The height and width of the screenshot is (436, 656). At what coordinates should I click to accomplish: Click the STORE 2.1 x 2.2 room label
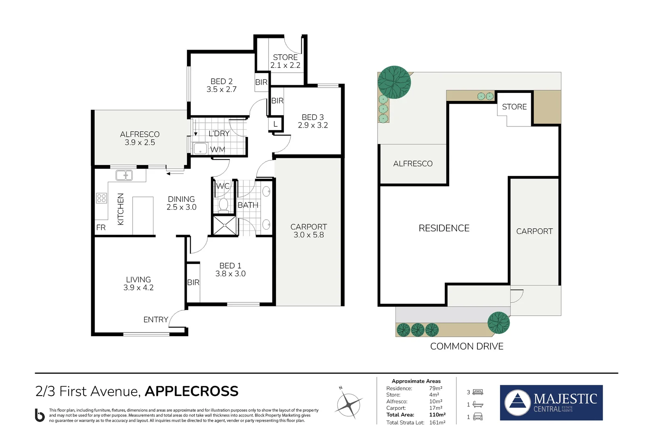coord(285,61)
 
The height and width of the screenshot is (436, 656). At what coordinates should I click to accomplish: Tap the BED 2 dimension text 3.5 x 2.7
coord(221,89)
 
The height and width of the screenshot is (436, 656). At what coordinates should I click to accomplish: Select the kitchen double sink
coord(124,175)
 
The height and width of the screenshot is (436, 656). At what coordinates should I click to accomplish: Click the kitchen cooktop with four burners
coord(101,198)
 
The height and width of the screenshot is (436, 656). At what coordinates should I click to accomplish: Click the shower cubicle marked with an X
coord(225,225)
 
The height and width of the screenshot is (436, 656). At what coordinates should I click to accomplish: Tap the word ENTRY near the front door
coord(156,320)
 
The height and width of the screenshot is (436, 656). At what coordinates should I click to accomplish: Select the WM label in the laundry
coord(218,149)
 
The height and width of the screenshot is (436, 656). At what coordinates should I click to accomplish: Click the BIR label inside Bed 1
coord(193,282)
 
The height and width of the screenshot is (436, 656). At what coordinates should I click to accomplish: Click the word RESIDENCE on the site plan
coord(444,228)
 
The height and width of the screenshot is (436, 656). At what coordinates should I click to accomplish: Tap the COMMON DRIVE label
coord(467,346)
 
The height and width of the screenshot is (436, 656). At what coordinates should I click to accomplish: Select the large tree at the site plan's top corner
coord(394,82)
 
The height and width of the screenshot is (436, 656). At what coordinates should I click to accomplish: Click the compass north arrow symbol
coord(349,404)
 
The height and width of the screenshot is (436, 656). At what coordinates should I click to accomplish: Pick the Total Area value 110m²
coord(437,415)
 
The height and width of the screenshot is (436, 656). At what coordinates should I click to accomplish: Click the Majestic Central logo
coord(551,402)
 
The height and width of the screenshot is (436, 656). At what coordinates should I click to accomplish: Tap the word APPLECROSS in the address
coord(191,391)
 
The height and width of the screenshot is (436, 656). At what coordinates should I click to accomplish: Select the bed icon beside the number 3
coord(477,392)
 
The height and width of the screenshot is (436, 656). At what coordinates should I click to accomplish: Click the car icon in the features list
coord(477,417)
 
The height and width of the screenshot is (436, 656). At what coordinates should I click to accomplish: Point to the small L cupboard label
coord(275,124)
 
